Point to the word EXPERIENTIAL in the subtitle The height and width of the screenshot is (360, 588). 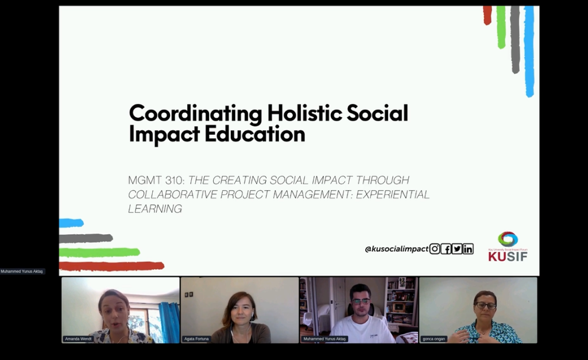pyautogui.click(x=393, y=195)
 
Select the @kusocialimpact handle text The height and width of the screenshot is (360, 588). pyautogui.click(x=396, y=249)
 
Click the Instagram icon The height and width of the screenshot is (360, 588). pyautogui.click(x=435, y=249)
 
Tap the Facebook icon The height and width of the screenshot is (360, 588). pyautogui.click(x=446, y=249)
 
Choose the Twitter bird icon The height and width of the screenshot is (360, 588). pyautogui.click(x=457, y=249)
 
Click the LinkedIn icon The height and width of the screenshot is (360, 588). pyautogui.click(x=468, y=249)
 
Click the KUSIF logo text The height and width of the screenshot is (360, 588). pyautogui.click(x=508, y=257)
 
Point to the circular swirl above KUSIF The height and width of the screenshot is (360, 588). pyautogui.click(x=508, y=239)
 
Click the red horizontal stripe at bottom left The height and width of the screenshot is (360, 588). pyautogui.click(x=111, y=266)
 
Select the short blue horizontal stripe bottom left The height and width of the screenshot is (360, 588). pyautogui.click(x=71, y=223)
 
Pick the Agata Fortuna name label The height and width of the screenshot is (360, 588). pyautogui.click(x=196, y=339)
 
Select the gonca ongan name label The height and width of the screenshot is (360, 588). pyautogui.click(x=434, y=339)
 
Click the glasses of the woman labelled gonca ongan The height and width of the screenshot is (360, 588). pyautogui.click(x=485, y=305)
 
